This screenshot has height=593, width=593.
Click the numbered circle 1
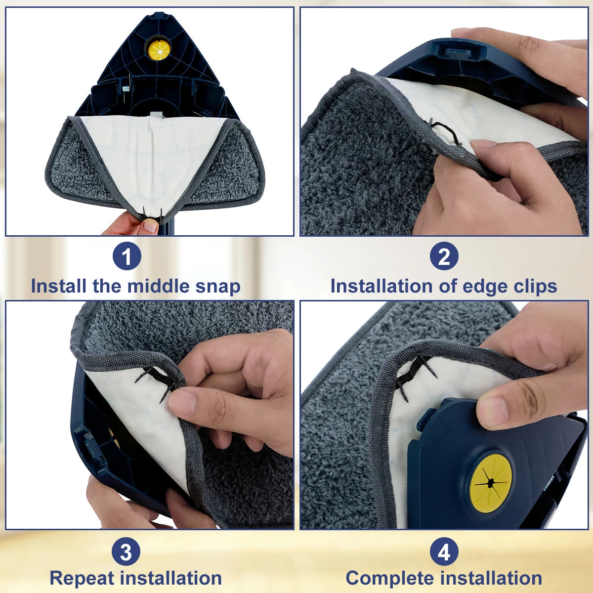(x=127, y=257)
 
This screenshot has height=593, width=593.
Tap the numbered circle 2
(x=444, y=257)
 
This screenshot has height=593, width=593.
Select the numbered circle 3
(x=127, y=552)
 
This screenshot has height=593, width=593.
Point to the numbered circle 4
(x=444, y=552)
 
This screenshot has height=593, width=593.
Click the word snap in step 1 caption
(x=218, y=287)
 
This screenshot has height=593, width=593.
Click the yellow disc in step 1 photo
(x=159, y=50)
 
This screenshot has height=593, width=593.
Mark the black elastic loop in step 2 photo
(x=445, y=130)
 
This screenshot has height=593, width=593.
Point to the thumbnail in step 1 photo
(x=150, y=226)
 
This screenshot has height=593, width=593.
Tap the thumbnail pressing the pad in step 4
(x=492, y=412)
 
